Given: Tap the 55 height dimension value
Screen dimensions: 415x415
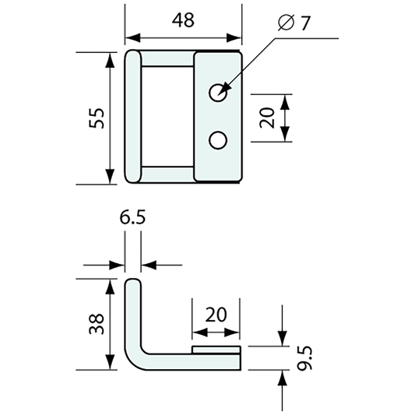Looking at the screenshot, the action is [97, 118].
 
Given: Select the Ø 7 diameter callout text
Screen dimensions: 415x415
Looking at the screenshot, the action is [294, 23].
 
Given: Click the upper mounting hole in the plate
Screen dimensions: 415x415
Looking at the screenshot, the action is [218, 93].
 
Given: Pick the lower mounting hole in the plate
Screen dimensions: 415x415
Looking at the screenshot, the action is [218, 140].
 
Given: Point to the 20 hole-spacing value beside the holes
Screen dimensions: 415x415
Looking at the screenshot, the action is [267, 118].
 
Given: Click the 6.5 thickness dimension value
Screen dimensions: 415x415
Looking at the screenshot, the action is [132, 218].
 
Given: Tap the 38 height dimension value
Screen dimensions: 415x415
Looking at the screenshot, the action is [97, 324].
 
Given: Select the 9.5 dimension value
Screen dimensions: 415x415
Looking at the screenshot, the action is [304, 358].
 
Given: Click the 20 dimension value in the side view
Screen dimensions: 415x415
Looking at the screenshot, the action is [216, 315].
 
